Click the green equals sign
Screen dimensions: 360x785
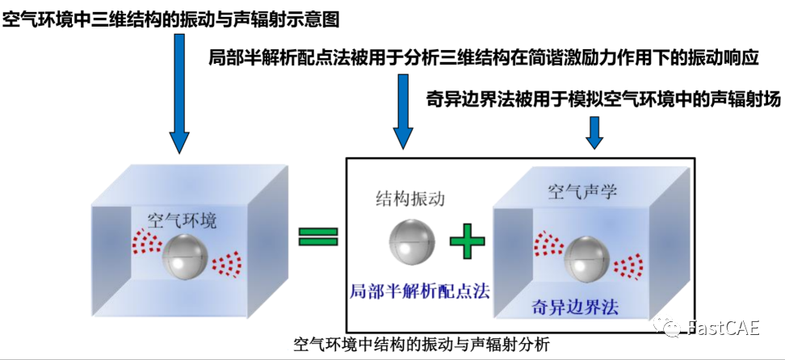[318, 236]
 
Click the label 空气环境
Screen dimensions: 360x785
[182, 219]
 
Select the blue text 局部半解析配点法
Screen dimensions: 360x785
[409, 289]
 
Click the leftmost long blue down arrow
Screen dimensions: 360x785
[179, 93]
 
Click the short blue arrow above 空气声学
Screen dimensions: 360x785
[594, 132]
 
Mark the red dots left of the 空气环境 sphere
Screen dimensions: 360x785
[145, 240]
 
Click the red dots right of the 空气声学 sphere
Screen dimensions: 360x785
[629, 265]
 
